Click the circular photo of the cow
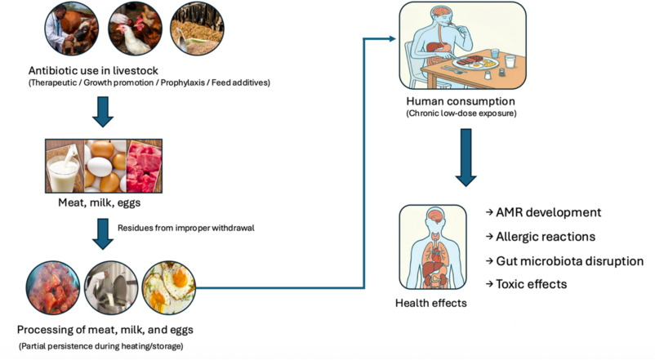point(70,29)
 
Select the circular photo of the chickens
point(133,29)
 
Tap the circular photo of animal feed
point(196,29)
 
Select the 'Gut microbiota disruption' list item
point(569,261)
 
